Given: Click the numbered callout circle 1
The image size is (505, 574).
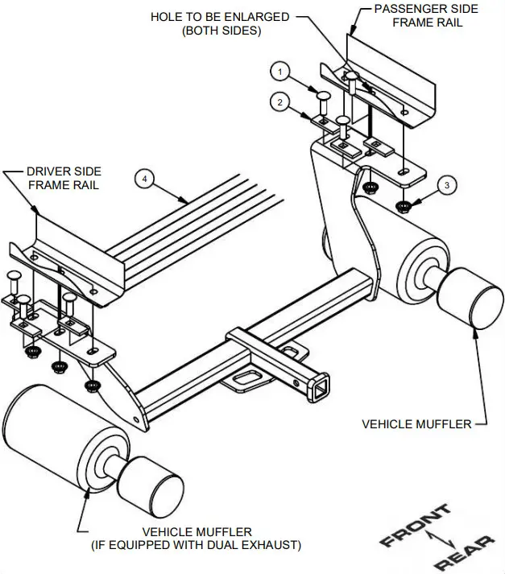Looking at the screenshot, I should coord(280,72).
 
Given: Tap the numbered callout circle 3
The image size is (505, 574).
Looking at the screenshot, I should coord(449,184).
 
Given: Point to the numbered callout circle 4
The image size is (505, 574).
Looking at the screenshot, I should coord(144,179).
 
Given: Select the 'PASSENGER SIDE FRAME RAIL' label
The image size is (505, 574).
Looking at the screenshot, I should coord(425,15).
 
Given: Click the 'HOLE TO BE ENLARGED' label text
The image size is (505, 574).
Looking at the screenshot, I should coord(220,17).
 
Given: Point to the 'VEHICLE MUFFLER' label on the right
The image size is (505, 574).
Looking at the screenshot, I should coord(416,423).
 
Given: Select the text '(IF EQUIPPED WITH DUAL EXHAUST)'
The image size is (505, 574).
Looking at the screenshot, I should coord(208,545).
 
